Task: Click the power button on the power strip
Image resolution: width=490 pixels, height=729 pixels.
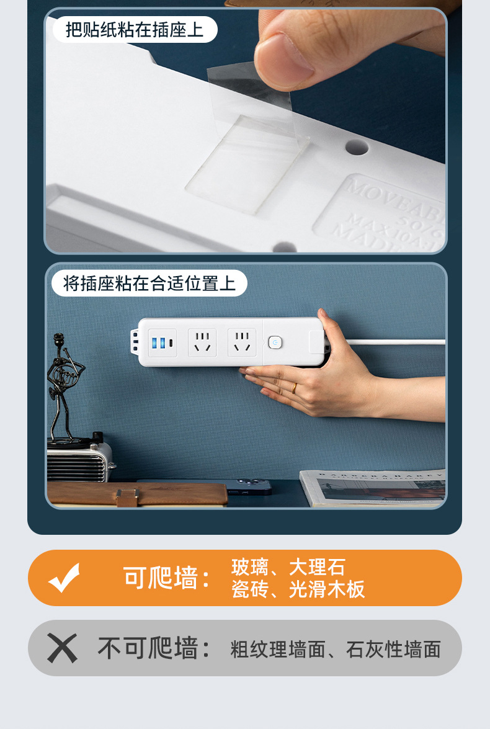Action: tap(275, 342)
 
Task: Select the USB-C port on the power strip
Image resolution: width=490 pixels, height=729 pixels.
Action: tap(171, 342)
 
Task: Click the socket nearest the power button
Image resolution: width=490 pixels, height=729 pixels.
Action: tap(241, 342)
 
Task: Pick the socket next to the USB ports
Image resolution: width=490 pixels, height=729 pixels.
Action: tap(202, 342)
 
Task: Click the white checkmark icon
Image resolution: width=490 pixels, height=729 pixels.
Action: tap(65, 577)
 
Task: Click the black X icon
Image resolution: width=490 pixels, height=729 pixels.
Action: tap(62, 648)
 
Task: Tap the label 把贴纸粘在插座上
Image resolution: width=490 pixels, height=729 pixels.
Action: tap(135, 29)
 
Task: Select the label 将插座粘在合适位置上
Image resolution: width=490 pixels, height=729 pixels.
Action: tap(149, 284)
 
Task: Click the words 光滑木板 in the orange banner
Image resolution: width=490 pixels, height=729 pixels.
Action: tap(327, 589)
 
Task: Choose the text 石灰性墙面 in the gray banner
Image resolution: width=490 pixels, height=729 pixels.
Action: tap(393, 650)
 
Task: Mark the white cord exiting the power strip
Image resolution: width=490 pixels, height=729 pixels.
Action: tap(397, 341)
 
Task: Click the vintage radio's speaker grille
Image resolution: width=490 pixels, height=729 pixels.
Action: tap(69, 465)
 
